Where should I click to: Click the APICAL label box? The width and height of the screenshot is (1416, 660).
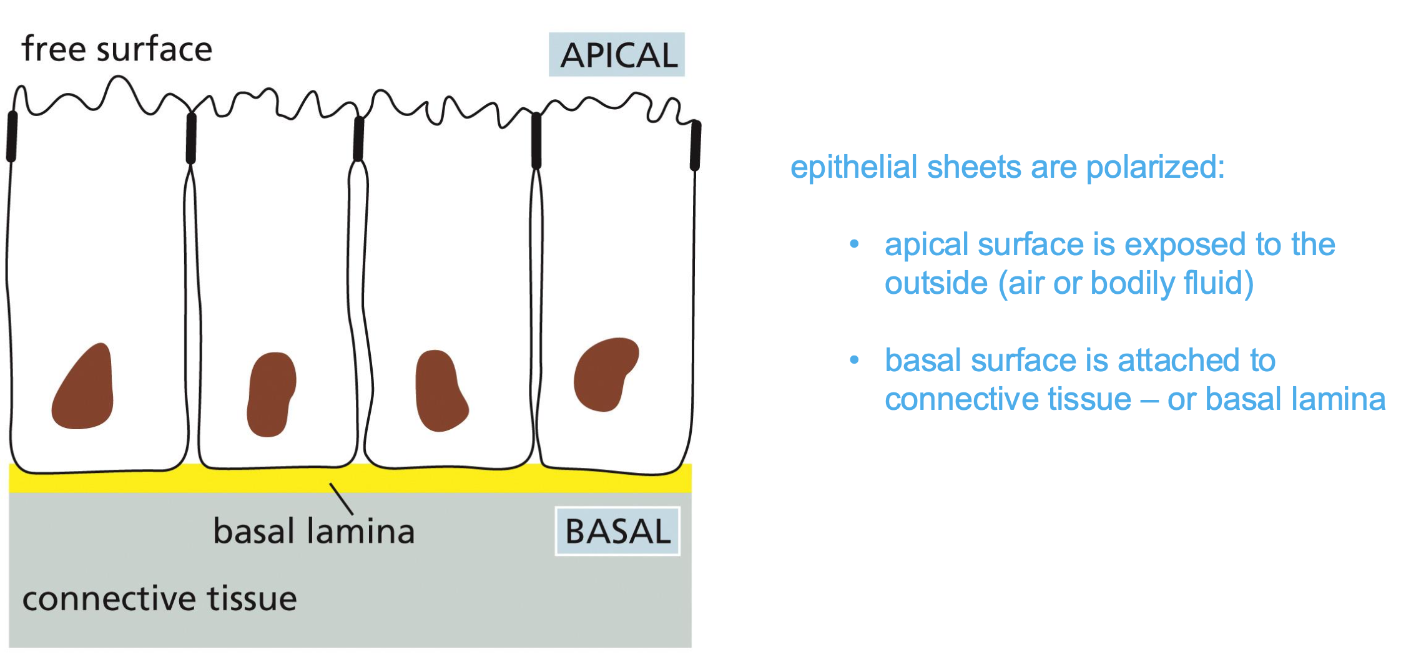point(617,55)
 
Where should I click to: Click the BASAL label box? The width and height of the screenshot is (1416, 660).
point(617,531)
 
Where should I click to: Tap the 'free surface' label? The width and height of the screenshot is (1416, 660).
point(117,49)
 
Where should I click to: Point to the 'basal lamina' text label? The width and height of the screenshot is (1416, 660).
point(313,531)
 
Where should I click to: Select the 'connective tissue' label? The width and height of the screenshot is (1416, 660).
point(159,598)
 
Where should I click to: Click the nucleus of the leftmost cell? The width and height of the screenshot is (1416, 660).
point(84,389)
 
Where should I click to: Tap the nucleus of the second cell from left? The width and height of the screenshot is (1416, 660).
point(271,394)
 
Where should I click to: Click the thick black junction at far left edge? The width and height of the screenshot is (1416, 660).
point(12,136)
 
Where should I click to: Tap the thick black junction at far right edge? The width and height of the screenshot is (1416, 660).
point(696,145)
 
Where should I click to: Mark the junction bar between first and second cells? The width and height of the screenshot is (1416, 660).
point(191,138)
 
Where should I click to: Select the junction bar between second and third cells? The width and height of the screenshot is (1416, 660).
point(358,138)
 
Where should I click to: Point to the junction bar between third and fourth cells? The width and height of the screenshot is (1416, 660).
point(536,140)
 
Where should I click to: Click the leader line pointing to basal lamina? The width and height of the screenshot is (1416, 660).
point(342,499)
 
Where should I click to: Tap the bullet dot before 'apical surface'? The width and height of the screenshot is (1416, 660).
point(854,244)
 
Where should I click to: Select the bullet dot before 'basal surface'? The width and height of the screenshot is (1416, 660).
point(854,360)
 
